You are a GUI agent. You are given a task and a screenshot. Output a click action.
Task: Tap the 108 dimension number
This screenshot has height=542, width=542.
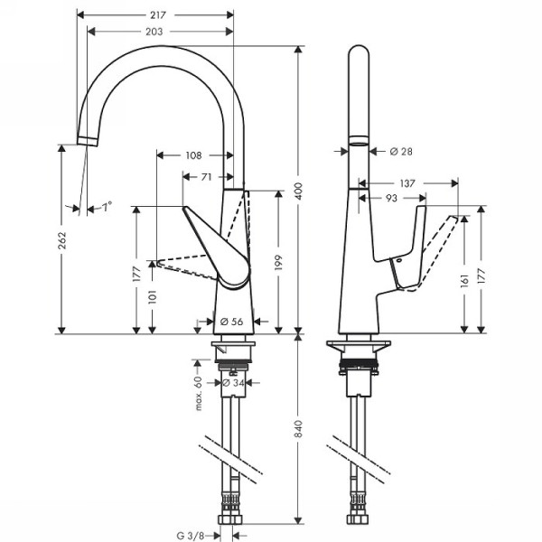[192, 155]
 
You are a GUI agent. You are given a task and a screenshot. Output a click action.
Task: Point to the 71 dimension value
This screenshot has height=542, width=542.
[208, 176]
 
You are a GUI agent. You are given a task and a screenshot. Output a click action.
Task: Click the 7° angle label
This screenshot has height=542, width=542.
[107, 208]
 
